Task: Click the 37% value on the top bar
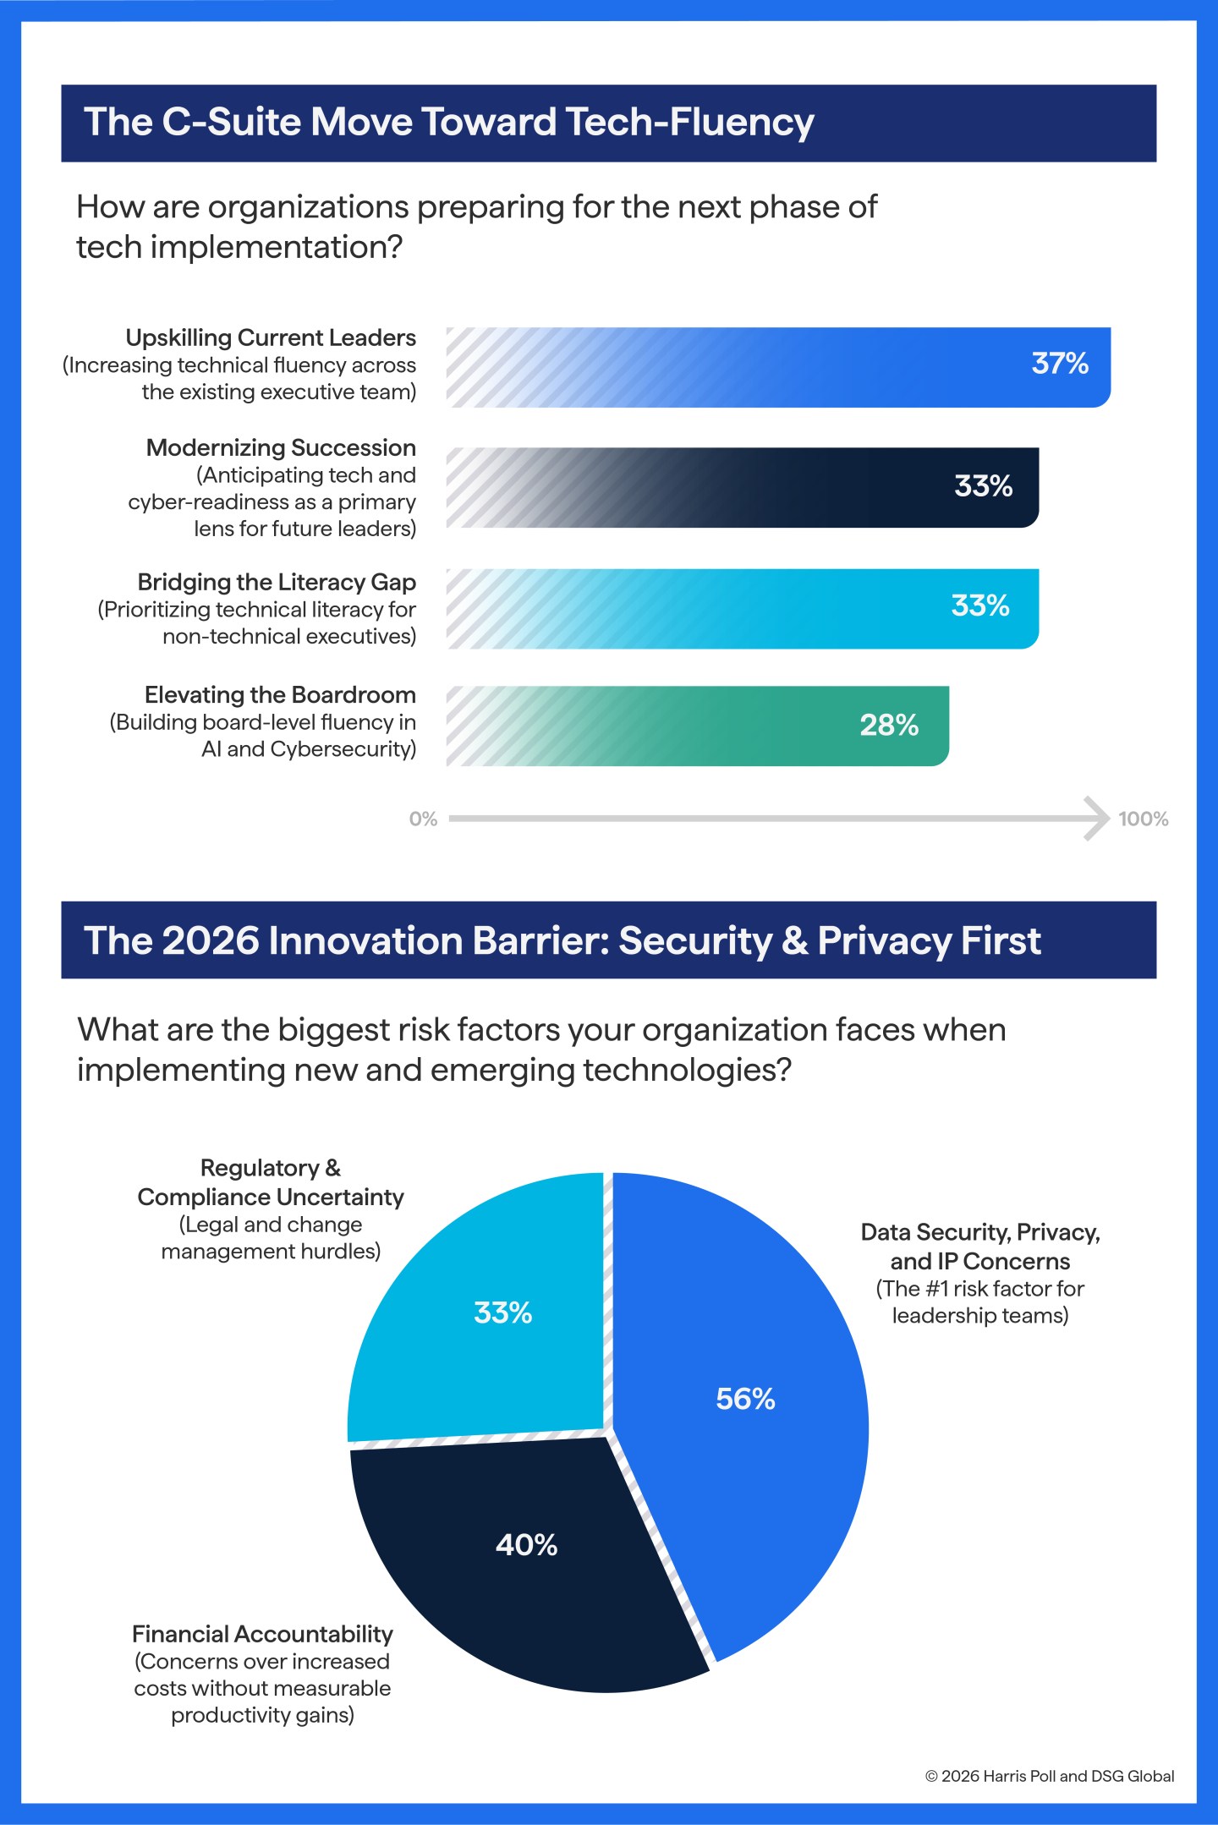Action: (1060, 364)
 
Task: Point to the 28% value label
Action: (889, 726)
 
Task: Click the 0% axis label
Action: (423, 819)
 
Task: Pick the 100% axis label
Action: (1143, 819)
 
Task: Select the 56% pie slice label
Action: (745, 1399)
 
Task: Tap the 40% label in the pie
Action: (526, 1545)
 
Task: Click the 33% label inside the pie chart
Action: (502, 1313)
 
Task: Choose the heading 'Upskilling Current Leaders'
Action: (271, 337)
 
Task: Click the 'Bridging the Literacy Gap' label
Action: (277, 582)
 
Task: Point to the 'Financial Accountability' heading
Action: (262, 1633)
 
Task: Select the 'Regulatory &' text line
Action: (271, 1168)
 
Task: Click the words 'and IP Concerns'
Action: (979, 1261)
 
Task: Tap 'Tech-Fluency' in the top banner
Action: (689, 122)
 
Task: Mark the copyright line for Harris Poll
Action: (1049, 1776)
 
